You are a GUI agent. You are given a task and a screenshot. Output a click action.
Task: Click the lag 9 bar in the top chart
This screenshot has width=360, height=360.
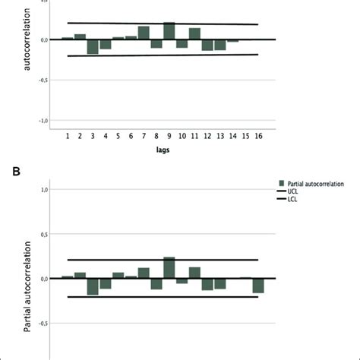[169, 31]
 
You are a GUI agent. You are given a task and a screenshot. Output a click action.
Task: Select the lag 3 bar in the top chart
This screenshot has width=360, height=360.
[92, 46]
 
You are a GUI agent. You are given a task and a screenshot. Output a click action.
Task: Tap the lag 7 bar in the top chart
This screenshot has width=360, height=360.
[144, 33]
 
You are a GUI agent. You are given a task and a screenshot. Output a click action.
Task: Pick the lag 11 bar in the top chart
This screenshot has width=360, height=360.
[195, 33]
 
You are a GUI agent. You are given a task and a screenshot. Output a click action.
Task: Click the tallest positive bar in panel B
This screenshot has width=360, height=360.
[169, 268]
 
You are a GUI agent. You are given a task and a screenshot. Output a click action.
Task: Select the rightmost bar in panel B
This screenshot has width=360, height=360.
[259, 286]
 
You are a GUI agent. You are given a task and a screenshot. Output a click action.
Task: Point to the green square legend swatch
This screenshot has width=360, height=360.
[282, 182]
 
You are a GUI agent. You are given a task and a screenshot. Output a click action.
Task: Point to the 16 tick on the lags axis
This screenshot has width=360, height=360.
[259, 135]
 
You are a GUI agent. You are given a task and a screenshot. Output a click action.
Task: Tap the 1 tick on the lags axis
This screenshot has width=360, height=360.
[67, 135]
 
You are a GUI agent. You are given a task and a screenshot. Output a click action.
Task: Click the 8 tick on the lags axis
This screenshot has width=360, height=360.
[156, 135]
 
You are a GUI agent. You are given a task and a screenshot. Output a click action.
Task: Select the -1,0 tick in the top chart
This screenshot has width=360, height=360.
[43, 120]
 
